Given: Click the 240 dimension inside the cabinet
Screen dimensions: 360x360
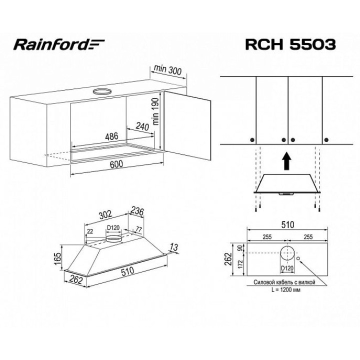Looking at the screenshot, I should click(142, 127).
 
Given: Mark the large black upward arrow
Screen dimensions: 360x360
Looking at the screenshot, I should click(286, 161).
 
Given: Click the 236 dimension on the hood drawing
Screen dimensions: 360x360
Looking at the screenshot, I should click(137, 211).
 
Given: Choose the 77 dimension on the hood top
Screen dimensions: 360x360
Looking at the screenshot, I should click(139, 229).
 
